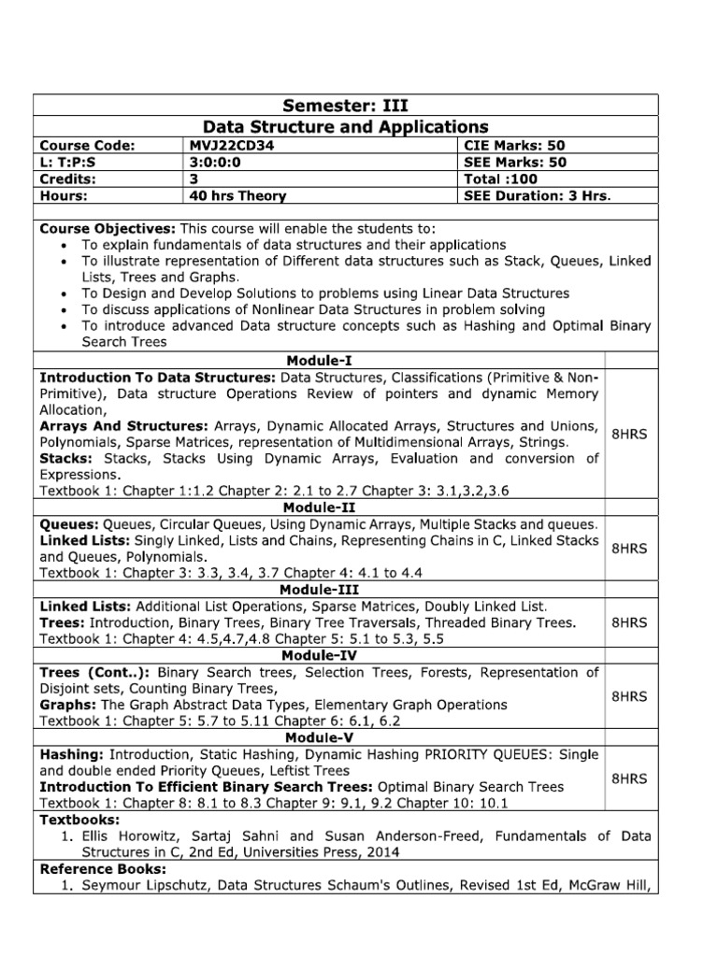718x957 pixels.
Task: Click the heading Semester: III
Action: coord(345,105)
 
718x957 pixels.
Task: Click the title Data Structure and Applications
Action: coord(345,126)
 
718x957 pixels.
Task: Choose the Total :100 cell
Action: coord(501,179)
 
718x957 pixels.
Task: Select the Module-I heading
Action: coord(320,360)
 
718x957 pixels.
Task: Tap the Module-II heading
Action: coord(320,507)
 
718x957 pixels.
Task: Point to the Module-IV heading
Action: coord(320,656)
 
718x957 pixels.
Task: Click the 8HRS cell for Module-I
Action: coord(629,434)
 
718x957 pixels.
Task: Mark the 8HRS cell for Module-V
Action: coord(629,778)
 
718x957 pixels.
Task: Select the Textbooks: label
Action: coord(76,820)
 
